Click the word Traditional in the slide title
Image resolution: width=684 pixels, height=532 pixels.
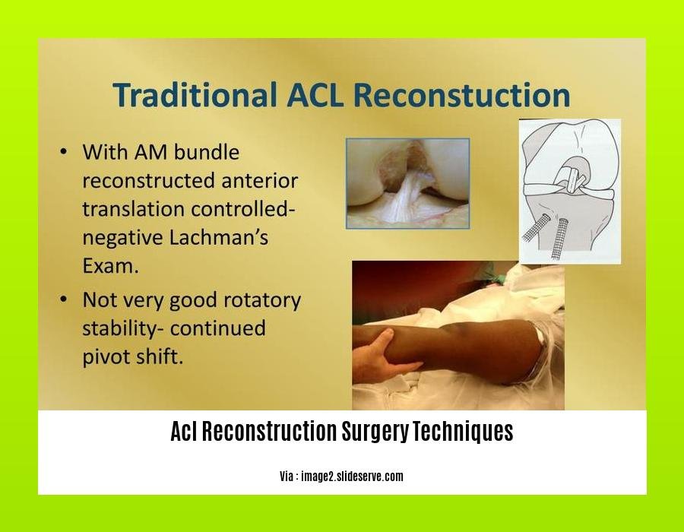pos(195,95)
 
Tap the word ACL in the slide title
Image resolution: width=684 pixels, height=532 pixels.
pos(315,95)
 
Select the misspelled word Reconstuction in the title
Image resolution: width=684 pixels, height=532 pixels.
pos(461,95)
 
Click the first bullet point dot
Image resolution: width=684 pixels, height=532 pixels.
pos(64,152)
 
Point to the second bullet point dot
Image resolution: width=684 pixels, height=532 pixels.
pos(64,299)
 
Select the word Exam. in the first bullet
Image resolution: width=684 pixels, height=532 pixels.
pos(111,265)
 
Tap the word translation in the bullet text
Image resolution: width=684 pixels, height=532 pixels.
pos(133,209)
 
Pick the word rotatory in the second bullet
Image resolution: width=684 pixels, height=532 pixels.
pos(261,300)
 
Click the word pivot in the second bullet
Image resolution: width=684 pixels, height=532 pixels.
pos(105,357)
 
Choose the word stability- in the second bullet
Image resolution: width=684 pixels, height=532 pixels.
pos(123,328)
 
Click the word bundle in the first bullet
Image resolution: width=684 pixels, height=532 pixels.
pos(206,152)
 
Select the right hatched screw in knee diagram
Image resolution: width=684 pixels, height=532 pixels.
pos(559,238)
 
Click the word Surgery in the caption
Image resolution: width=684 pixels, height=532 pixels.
pos(375,431)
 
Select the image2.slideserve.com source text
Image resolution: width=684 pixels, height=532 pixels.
pos(352,477)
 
